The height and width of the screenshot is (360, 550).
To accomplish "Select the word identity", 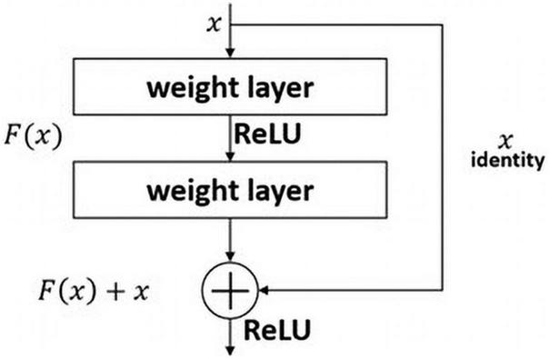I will (506, 163).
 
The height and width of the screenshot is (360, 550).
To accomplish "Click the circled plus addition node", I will (234, 292).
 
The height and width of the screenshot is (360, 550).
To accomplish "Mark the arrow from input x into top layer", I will (234, 45).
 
